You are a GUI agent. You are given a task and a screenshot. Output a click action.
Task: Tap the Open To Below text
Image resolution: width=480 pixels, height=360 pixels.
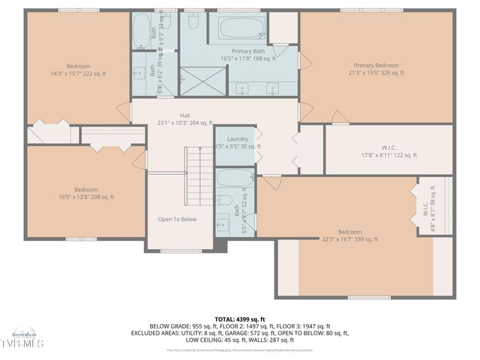[x=177, y=220]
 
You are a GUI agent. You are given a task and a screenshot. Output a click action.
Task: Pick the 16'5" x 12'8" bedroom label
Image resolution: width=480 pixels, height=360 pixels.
[x=85, y=193]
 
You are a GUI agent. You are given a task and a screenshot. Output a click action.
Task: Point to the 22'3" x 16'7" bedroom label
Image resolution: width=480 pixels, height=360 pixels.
[x=349, y=235]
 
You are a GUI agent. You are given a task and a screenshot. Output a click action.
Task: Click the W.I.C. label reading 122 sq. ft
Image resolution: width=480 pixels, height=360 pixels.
[x=389, y=151]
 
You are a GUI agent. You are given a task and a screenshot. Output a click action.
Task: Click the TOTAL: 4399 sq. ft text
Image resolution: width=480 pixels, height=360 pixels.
[x=238, y=318]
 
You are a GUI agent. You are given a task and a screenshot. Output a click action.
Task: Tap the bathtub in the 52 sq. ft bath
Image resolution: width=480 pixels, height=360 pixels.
[x=234, y=178]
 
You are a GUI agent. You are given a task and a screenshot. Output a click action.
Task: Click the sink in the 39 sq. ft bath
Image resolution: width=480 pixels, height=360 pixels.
[x=139, y=73]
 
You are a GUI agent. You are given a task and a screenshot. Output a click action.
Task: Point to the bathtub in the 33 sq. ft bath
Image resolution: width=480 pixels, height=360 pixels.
[x=142, y=30]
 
